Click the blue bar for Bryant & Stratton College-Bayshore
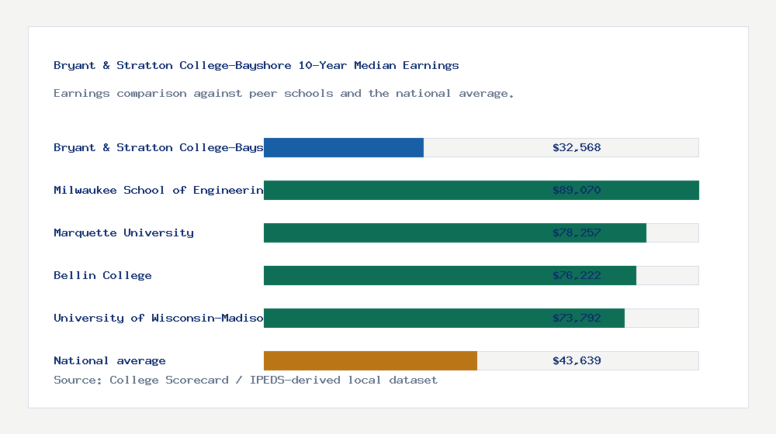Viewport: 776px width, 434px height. [344, 147]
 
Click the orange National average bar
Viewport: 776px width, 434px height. [370, 360]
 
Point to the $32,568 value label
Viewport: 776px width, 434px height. [577, 147]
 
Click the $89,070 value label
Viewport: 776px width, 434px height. [577, 190]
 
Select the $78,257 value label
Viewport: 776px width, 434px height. [577, 232]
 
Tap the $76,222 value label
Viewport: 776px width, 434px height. [577, 275]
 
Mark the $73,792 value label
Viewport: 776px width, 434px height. [577, 318]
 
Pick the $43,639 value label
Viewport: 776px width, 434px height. [577, 360]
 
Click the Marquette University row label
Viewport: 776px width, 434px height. [123, 232]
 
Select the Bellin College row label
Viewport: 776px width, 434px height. [102, 275]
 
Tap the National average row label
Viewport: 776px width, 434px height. [109, 360]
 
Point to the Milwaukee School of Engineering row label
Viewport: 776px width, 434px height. [158, 190]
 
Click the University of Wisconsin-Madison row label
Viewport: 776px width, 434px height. [158, 318]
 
